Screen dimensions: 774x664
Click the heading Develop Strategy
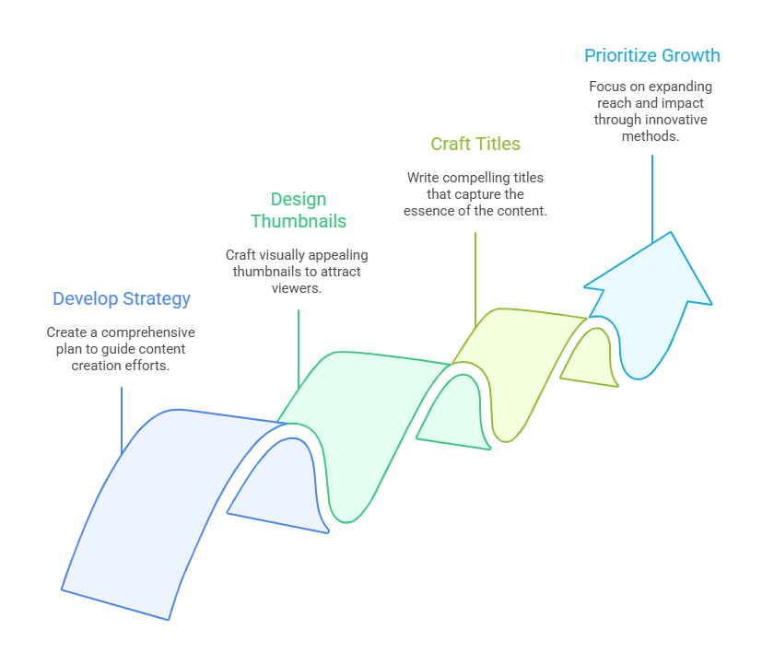122,299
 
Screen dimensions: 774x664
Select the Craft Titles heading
475,144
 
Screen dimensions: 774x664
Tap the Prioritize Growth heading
652,56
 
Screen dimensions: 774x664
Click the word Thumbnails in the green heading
299,221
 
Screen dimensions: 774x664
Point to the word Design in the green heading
299,200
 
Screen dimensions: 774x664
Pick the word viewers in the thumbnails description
296,288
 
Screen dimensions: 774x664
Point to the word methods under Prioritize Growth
651,136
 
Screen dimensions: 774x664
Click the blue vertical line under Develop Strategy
122,420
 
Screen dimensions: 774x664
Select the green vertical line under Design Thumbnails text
299,349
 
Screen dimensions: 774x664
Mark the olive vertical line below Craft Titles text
475,280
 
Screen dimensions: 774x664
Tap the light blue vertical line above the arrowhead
652,199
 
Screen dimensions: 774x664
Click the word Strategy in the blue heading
157,299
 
